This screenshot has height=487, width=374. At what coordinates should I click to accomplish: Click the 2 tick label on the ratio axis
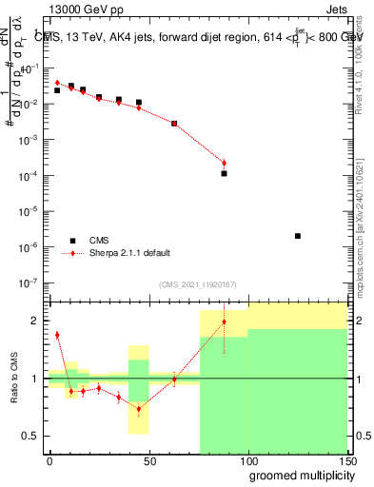(37, 321)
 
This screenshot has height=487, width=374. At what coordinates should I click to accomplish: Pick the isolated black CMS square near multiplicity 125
(298, 236)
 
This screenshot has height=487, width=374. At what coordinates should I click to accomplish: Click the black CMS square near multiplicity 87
(224, 173)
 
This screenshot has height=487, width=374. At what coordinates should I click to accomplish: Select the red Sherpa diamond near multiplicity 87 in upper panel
(224, 163)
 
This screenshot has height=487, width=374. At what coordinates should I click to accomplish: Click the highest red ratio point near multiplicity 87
(224, 321)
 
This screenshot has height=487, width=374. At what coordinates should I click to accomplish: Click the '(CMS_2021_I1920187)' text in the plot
(197, 283)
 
